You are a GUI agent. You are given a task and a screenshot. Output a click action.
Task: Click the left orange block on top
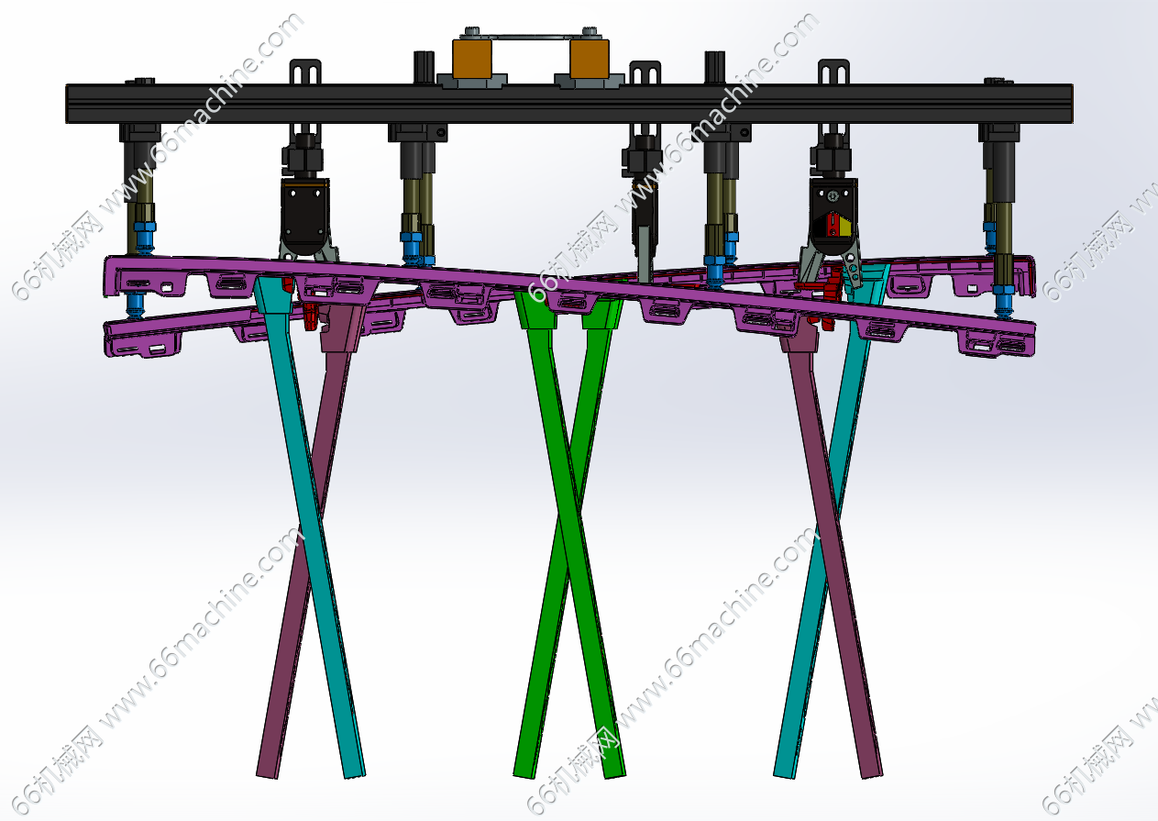point(471,59)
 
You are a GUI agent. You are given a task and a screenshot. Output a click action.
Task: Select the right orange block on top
point(590,59)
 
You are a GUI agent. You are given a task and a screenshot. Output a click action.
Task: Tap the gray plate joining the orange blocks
point(530,36)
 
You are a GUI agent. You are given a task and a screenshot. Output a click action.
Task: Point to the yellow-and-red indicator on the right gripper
point(833,226)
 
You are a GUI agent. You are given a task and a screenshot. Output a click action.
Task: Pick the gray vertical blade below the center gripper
point(645,253)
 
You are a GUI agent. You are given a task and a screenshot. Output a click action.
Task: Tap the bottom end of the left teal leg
point(355,774)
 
